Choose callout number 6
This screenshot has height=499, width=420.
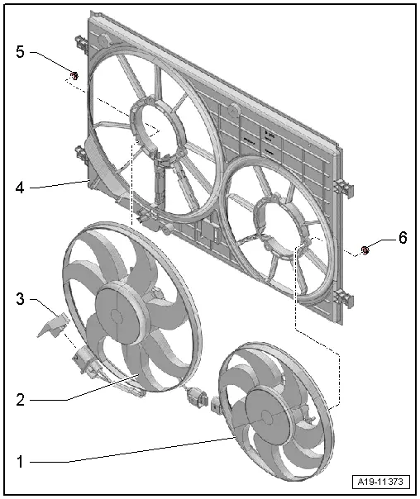tap(402, 238)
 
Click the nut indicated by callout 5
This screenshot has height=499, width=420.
tap(73, 77)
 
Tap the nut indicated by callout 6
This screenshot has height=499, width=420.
tap(365, 249)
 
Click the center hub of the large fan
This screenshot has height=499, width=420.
tap(124, 313)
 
